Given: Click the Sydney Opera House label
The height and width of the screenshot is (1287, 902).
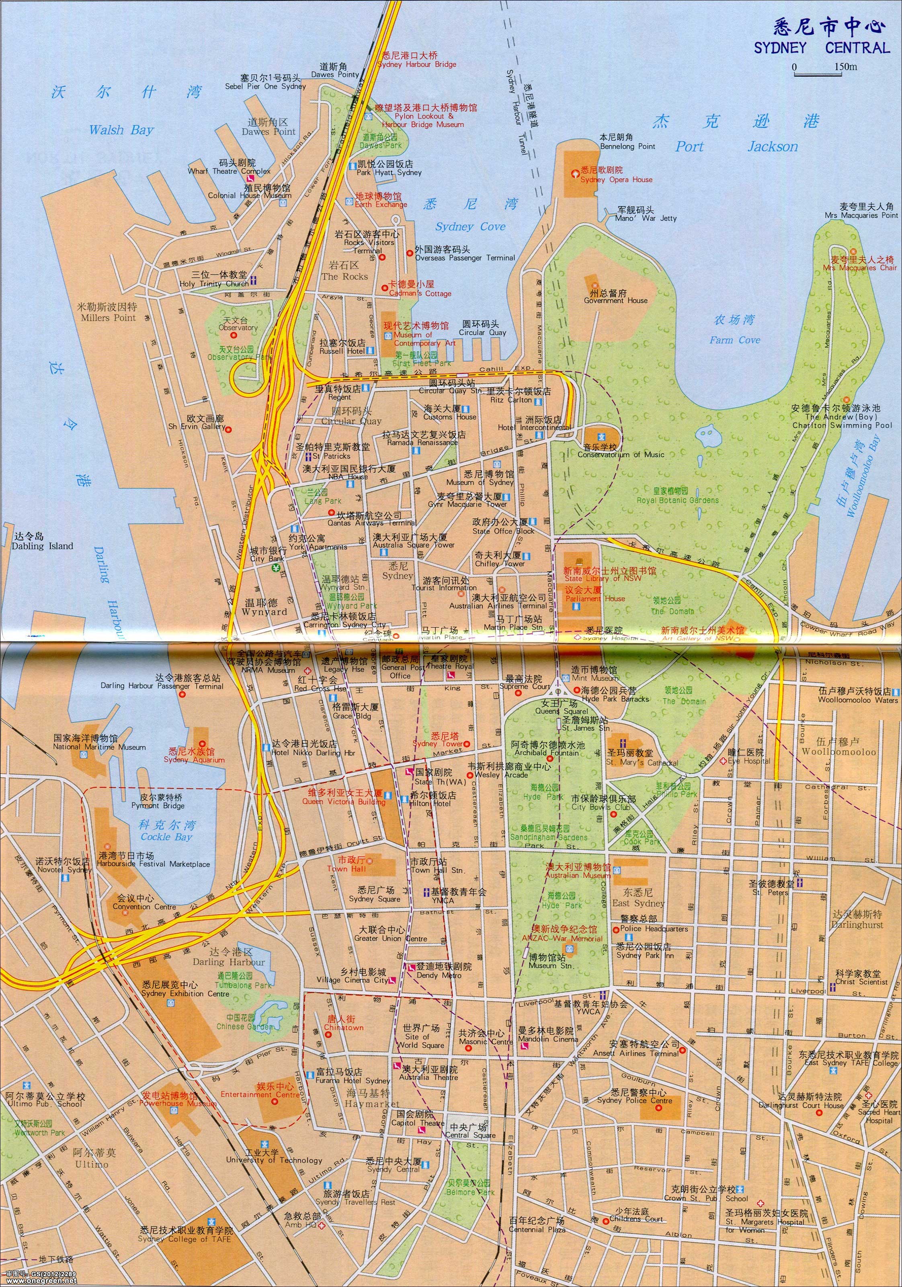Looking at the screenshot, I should pyautogui.click(x=616, y=180).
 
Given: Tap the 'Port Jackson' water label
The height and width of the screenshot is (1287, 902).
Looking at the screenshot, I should pyautogui.click(x=736, y=147).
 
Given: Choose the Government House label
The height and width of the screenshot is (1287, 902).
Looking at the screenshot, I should pyautogui.click(x=615, y=300).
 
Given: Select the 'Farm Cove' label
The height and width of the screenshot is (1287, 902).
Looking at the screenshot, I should pyautogui.click(x=734, y=340).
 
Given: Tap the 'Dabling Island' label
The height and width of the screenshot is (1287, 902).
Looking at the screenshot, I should pyautogui.click(x=43, y=546).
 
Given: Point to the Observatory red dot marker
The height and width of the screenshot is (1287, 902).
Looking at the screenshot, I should pyautogui.click(x=234, y=335).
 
